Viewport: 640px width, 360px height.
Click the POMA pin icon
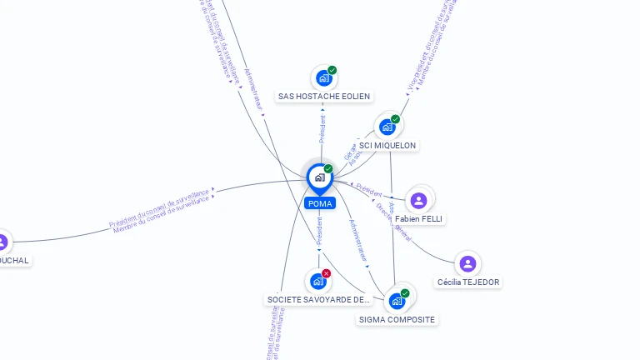tap(318, 177)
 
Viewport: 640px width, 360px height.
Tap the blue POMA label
tap(320, 203)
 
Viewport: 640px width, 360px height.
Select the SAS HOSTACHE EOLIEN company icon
tap(323, 78)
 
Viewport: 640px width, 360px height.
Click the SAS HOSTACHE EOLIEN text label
tap(324, 97)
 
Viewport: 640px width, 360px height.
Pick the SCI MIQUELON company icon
tap(387, 127)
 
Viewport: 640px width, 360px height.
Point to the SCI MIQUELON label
tap(387, 145)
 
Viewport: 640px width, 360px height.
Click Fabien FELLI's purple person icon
tap(418, 200)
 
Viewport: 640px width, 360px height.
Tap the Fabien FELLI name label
tap(419, 218)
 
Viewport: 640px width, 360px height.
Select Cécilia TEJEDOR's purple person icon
tap(468, 264)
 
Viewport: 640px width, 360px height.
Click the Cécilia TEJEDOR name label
tap(468, 282)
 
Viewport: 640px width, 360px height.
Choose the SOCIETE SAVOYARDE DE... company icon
tap(317, 282)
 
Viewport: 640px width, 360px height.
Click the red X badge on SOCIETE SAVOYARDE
tap(326, 273)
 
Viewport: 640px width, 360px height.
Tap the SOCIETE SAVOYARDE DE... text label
tap(317, 299)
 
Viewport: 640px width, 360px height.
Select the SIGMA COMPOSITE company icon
tap(397, 301)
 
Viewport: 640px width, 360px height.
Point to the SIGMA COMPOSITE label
tap(397, 319)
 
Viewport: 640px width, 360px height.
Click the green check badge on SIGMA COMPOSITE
tap(405, 293)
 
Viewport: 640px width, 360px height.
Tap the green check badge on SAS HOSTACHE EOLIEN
tap(332, 70)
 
